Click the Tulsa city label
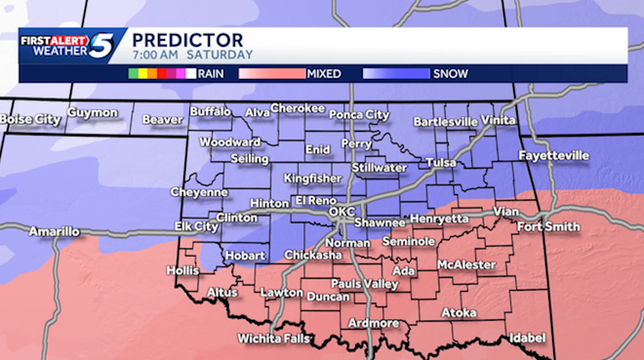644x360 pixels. [x=441, y=163]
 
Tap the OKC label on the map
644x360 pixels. [x=342, y=211]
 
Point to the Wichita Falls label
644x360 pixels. [x=273, y=340]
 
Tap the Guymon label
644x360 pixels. [x=93, y=113]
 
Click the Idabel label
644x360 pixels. [x=527, y=338]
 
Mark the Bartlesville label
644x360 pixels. [x=446, y=122]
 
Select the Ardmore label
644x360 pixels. [x=373, y=323]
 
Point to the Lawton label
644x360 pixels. [x=281, y=292]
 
